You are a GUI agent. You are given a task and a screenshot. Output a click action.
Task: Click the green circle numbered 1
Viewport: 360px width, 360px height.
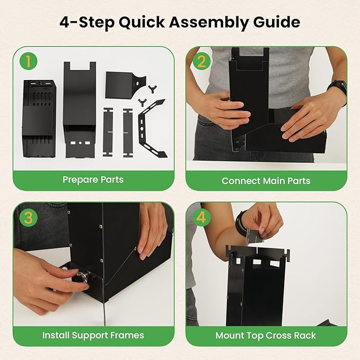(x=29, y=61)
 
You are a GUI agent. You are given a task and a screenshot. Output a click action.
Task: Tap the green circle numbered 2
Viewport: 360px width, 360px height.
(x=201, y=61)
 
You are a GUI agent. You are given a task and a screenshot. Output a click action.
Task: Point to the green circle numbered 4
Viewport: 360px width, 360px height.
(x=201, y=217)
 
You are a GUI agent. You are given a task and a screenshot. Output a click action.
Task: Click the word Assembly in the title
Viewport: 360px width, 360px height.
(x=209, y=23)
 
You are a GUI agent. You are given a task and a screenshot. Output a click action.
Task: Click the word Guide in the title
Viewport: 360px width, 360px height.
(x=277, y=22)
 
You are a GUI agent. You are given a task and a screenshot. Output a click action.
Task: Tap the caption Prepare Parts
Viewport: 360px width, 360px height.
(x=93, y=180)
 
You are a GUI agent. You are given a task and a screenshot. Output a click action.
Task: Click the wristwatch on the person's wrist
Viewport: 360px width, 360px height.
(x=338, y=89)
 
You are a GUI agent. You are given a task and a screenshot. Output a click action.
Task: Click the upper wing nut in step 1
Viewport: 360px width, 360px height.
(x=151, y=89)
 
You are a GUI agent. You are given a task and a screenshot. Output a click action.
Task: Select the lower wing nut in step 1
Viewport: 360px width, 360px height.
(x=142, y=102)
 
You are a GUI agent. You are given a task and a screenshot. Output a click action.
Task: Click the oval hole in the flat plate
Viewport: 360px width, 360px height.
(x=138, y=84)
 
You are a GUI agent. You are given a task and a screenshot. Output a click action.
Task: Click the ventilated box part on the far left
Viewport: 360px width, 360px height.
(x=39, y=118)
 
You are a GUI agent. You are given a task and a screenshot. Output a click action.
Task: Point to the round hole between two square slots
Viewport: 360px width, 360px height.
(x=80, y=143)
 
